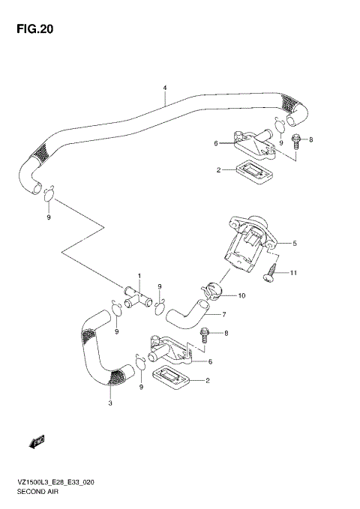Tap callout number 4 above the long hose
pyautogui.click(x=164, y=88)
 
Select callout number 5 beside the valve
pyautogui.click(x=295, y=243)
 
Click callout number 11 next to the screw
pyautogui.click(x=294, y=273)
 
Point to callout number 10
pyautogui.click(x=241, y=296)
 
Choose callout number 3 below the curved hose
pyautogui.click(x=110, y=404)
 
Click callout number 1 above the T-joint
pyautogui.click(x=138, y=276)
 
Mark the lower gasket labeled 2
pyautogui.click(x=172, y=379)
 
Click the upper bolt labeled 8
pyautogui.click(x=298, y=140)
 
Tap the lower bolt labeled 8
pyautogui.click(x=205, y=335)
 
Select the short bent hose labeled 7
pyautogui.click(x=185, y=310)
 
